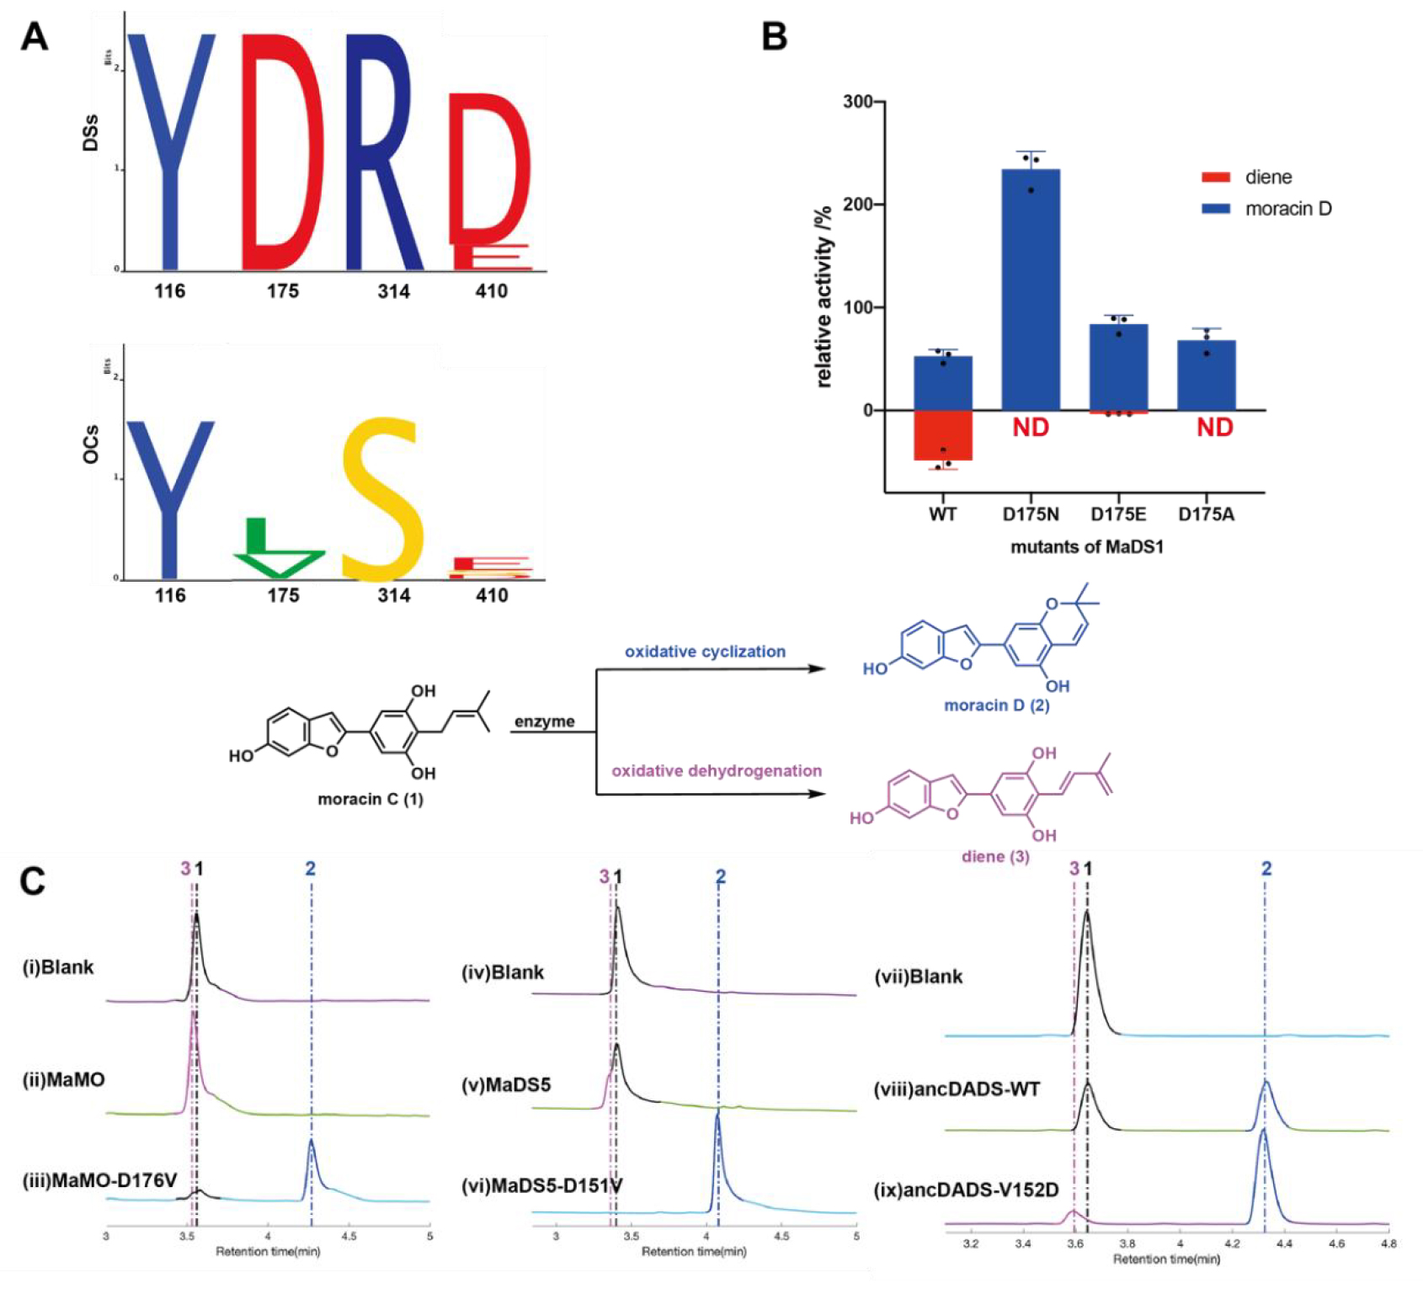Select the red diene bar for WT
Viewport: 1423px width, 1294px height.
[x=943, y=435]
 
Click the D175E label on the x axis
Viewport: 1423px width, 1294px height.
[x=1118, y=514]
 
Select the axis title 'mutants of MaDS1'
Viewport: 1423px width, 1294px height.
[x=1086, y=547]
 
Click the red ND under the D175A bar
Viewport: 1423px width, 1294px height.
[x=1214, y=428]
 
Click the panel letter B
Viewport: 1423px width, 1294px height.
[x=774, y=38]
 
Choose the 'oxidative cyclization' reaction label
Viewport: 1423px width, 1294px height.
[x=705, y=652]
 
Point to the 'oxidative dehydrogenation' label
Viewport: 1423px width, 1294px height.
[x=717, y=771]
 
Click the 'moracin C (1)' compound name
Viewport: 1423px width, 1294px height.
[x=370, y=799]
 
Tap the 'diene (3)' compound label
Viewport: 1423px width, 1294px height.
[x=995, y=857]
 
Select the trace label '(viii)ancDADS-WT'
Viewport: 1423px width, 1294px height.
[x=957, y=1089]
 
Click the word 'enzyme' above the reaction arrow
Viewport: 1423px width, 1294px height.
[x=545, y=722]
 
